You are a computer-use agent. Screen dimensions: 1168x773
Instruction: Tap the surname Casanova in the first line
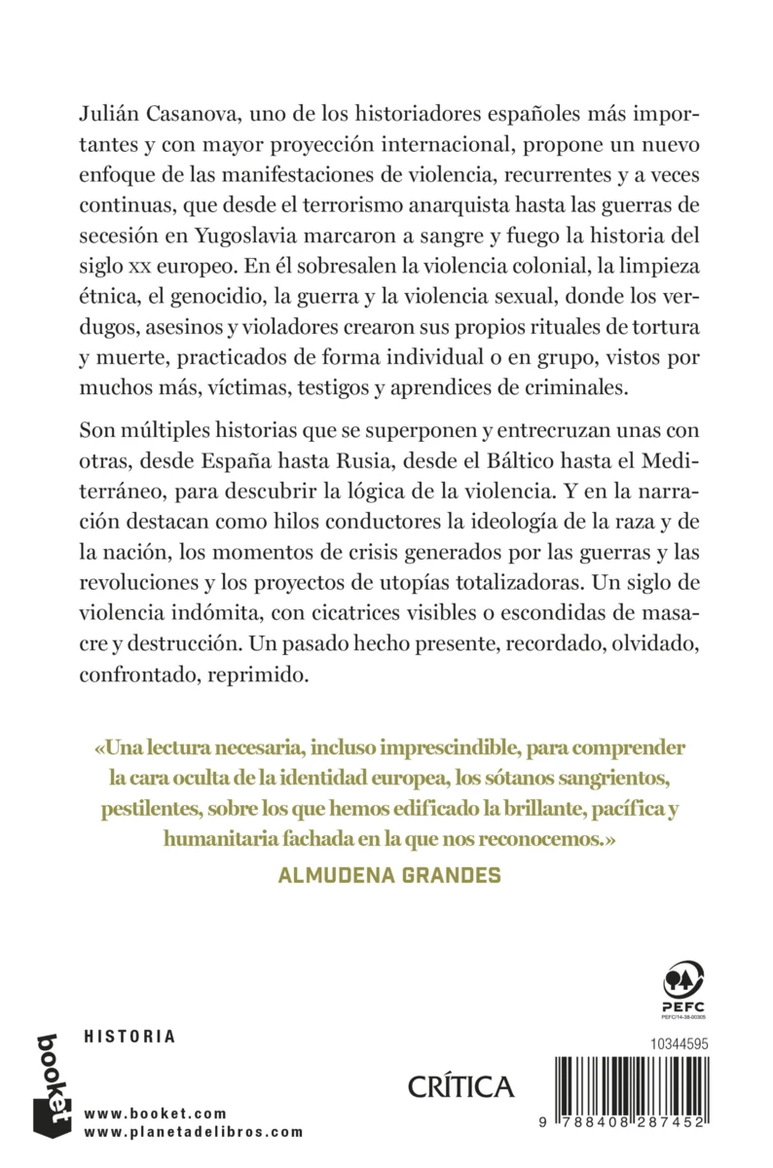click(x=195, y=115)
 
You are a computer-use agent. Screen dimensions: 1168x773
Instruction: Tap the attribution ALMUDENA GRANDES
click(x=389, y=874)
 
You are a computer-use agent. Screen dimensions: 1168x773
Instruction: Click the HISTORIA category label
click(x=130, y=1037)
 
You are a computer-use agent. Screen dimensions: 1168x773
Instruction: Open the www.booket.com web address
click(x=156, y=1113)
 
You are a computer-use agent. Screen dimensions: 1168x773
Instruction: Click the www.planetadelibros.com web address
click(x=194, y=1132)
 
